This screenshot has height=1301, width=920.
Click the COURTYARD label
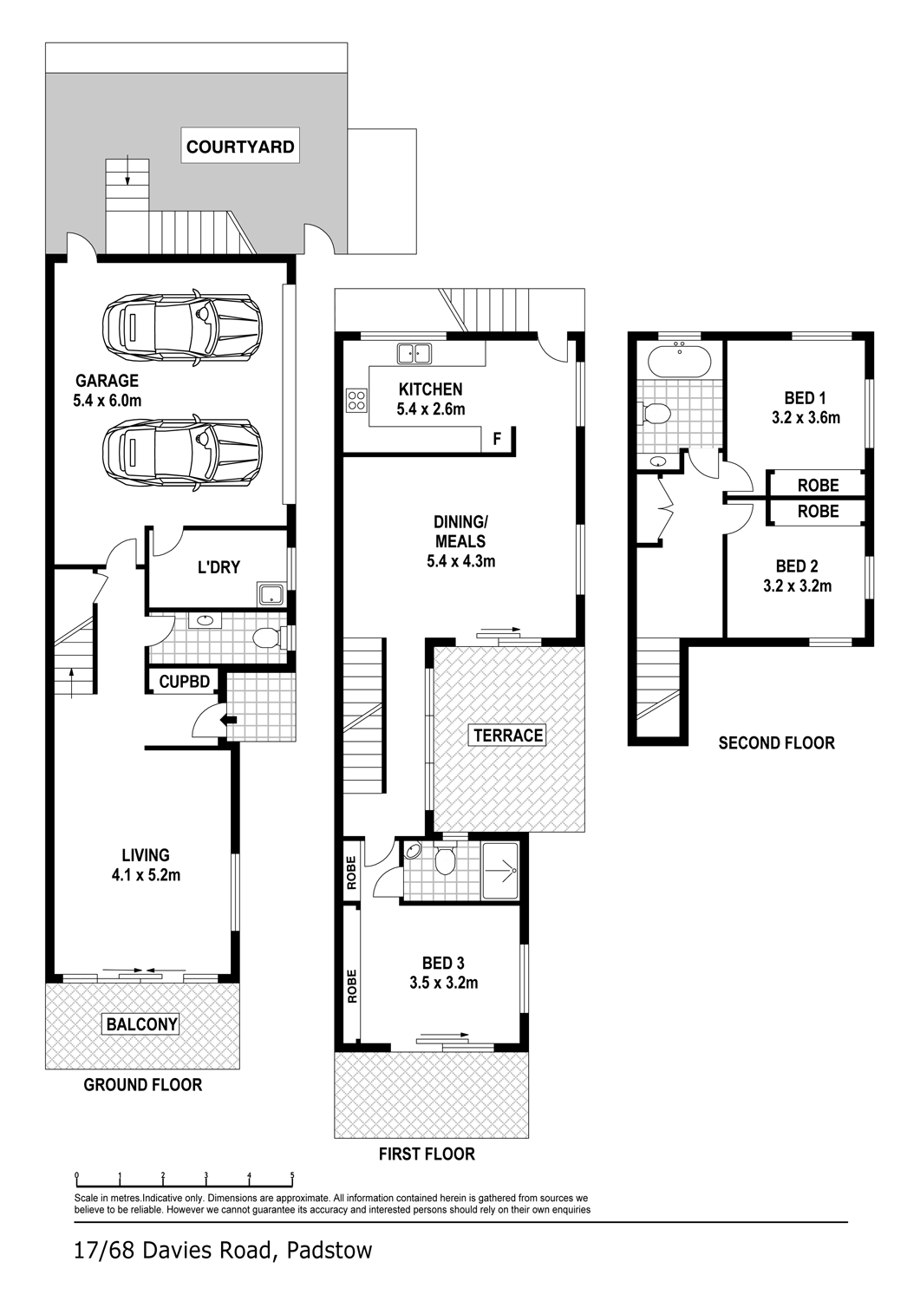240,147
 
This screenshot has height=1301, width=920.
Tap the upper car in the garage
182,327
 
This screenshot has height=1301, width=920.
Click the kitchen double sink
414,354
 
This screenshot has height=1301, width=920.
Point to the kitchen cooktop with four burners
356,400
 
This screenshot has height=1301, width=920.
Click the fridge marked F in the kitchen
497,439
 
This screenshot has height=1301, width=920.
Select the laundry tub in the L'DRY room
271,595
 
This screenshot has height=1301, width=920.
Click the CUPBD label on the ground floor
184,681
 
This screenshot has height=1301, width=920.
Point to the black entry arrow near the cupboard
229,720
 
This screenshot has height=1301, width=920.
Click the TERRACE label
508,735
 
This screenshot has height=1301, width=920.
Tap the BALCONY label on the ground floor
141,1024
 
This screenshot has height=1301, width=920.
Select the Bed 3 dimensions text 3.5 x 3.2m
444,983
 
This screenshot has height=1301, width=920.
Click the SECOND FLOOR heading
777,742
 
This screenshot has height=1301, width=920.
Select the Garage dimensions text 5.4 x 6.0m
108,400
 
